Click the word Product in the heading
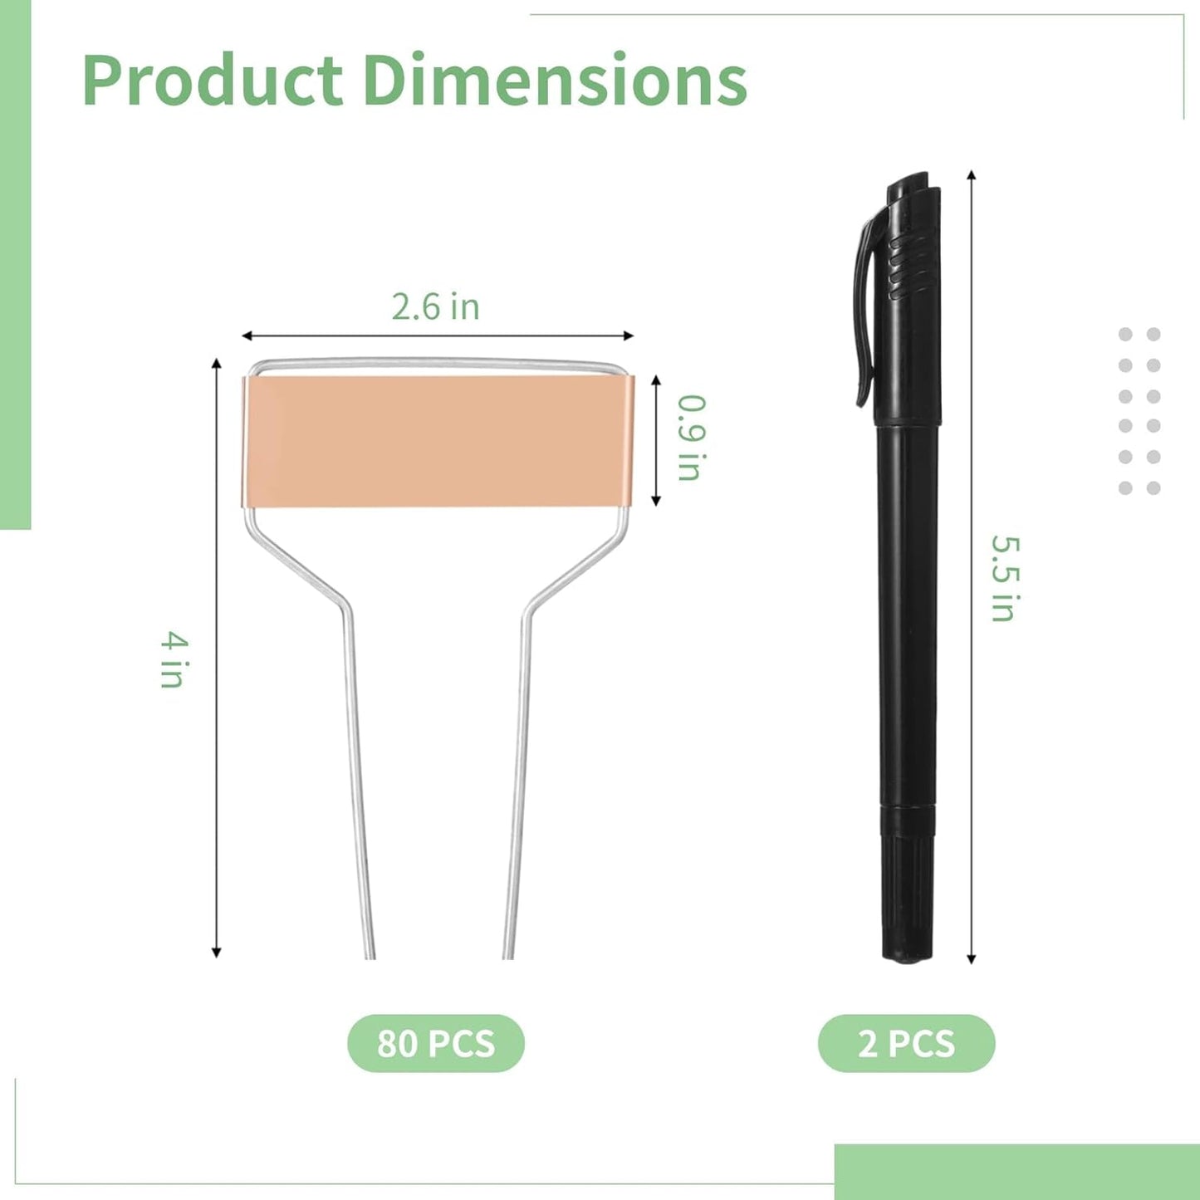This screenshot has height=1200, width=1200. [213, 81]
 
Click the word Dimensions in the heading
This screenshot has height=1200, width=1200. [555, 81]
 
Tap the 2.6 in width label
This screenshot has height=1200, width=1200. [435, 306]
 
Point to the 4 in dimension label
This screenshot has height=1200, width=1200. [174, 659]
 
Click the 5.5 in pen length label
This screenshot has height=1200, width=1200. [1004, 578]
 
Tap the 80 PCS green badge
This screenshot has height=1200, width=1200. [436, 1043]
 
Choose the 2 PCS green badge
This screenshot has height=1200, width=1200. [906, 1043]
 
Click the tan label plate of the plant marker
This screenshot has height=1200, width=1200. [438, 441]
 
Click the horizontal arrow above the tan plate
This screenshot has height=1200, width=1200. [437, 336]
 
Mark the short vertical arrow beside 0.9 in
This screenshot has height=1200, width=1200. [656, 440]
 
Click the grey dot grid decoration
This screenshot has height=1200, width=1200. [1139, 411]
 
